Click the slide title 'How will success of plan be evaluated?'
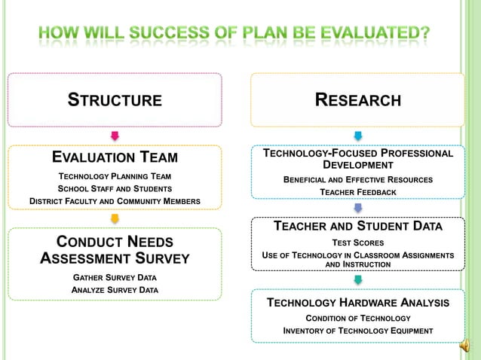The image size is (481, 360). tap(234, 34)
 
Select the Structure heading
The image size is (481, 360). tap(115, 100)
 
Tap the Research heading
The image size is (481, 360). tap(357, 100)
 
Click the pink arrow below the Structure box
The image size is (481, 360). tap(115, 136)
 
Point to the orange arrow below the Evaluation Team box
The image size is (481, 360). tap(115, 218)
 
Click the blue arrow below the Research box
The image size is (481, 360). tap(357, 136)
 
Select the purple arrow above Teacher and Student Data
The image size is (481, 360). tap(357, 208)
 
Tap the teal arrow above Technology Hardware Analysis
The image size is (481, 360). tap(357, 280)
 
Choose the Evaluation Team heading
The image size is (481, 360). tap(115, 157)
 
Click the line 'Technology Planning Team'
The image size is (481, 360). tap(115, 175)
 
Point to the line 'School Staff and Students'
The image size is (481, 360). tap(115, 188)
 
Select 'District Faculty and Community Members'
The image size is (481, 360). tap(115, 201)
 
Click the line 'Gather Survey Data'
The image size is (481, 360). tap(115, 277)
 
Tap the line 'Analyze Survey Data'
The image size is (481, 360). tap(115, 290)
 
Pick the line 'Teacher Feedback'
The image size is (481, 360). tap(357, 192)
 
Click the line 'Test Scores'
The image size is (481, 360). tap(357, 243)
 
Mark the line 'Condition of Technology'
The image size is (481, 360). tap(357, 319)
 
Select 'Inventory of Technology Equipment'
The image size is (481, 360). tap(357, 331)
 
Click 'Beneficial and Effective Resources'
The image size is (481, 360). tap(357, 179)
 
